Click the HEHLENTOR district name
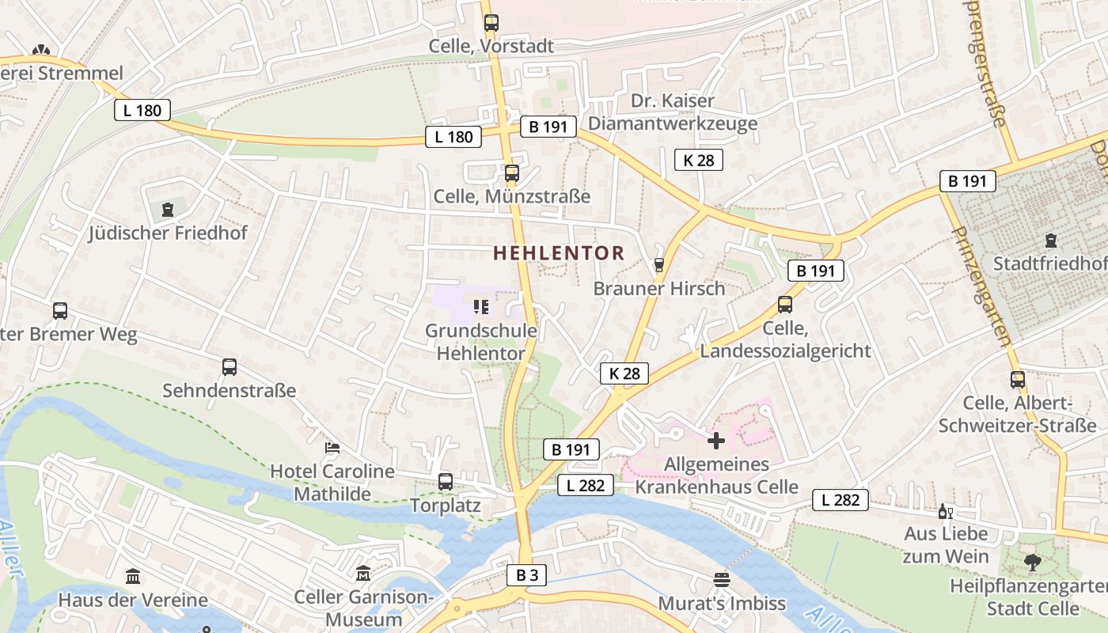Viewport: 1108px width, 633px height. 559,253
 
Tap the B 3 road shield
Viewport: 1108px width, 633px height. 527,575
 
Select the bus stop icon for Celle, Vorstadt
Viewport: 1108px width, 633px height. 491,23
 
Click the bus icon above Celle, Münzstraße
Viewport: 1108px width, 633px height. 512,173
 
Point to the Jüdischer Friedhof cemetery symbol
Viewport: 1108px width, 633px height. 167,210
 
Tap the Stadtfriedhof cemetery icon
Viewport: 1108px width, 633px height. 1051,240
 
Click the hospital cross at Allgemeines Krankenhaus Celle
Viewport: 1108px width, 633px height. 716,441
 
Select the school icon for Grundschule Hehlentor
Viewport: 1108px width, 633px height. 480,306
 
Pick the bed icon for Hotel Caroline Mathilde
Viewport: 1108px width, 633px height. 332,448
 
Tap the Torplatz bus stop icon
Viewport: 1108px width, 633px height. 446,481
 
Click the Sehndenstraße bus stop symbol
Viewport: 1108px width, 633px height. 230,367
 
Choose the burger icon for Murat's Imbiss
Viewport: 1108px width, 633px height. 722,580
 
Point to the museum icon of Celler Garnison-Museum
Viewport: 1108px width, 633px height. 363,573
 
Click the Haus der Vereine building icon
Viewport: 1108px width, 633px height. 133,577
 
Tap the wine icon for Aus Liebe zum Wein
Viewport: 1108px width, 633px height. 943,511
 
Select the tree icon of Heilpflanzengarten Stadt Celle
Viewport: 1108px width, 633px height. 1032,563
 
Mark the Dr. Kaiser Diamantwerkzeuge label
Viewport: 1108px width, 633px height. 673,112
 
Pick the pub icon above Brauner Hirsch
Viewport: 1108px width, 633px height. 659,265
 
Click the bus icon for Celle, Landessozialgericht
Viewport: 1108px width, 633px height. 785,305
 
